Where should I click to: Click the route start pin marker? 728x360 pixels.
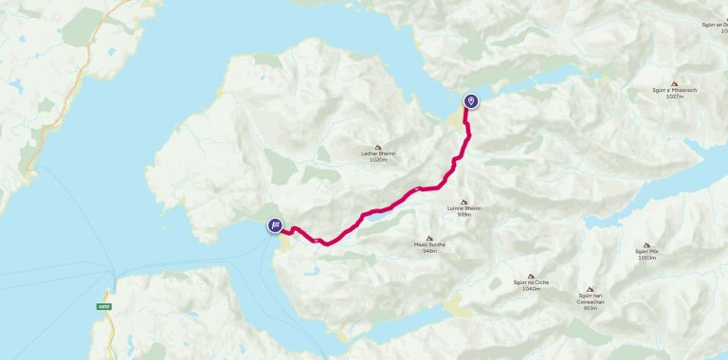pyautogui.click(x=470, y=101)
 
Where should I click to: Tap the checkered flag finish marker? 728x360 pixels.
pyautogui.click(x=274, y=225)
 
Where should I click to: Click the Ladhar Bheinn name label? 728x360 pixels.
pyautogui.click(x=378, y=154)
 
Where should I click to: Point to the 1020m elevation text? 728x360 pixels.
pyautogui.click(x=378, y=161)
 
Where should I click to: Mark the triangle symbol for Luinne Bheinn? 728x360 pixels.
pyautogui.click(x=464, y=201)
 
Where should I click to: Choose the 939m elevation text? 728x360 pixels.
pyautogui.click(x=464, y=214)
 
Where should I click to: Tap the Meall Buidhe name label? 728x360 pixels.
pyautogui.click(x=429, y=244)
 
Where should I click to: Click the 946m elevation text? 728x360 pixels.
pyautogui.click(x=429, y=251)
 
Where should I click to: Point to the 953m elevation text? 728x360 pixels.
pyautogui.click(x=591, y=308)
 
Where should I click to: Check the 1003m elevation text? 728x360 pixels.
pyautogui.click(x=646, y=258)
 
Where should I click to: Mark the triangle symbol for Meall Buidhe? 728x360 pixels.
pyautogui.click(x=429, y=237)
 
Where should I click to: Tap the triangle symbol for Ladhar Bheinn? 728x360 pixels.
pyautogui.click(x=378, y=147)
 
